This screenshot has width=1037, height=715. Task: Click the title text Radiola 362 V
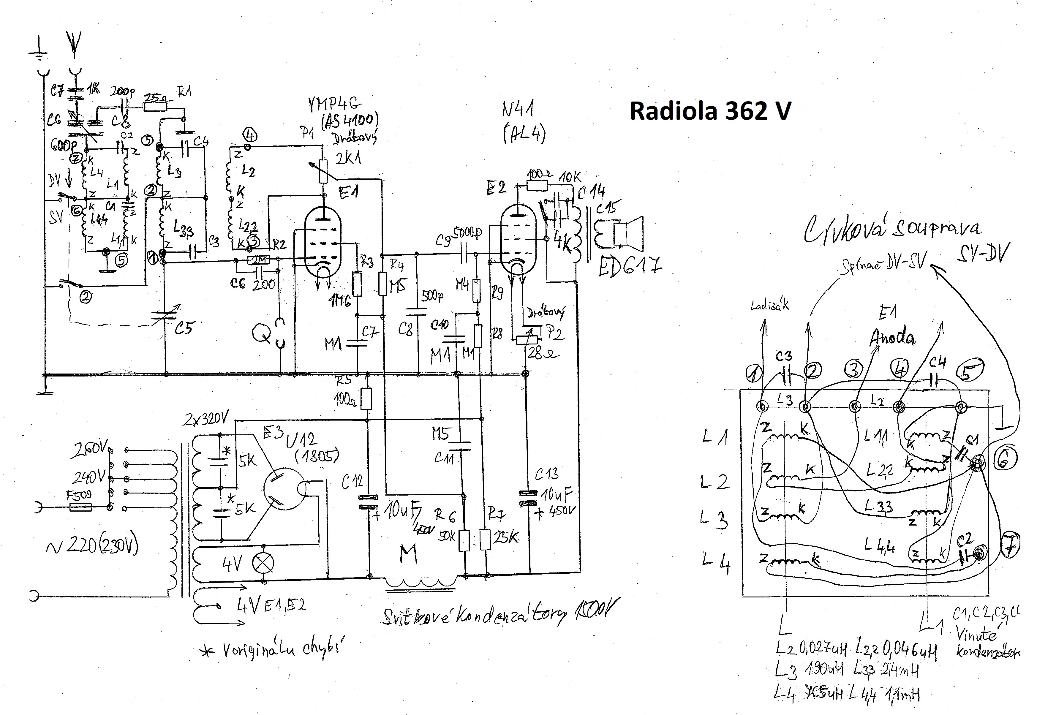[710, 111]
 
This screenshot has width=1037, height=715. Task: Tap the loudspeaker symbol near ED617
[629, 232]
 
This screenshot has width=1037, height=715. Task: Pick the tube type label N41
[518, 109]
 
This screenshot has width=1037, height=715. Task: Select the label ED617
[629, 267]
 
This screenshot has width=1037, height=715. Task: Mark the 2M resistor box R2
[258, 260]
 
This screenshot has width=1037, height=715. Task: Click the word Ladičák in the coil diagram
[769, 306]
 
